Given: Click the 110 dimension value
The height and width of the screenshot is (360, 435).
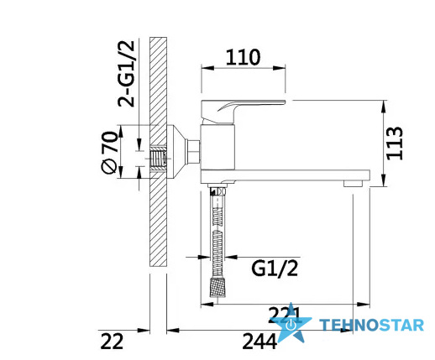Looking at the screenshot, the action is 243,57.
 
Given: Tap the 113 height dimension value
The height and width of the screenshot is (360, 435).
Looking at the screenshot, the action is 395,143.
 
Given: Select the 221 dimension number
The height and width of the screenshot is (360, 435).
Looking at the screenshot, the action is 284,315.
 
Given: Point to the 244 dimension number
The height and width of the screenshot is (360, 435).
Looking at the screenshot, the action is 259,341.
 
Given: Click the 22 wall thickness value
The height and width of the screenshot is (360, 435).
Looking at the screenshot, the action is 112,341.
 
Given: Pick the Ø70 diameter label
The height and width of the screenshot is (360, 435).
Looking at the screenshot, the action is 108,153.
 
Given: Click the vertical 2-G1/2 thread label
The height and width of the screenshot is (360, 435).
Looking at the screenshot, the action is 126,74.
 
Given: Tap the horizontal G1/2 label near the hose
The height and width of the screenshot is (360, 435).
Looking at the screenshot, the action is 275,269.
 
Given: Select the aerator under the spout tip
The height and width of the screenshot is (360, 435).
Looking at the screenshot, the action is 354,184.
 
